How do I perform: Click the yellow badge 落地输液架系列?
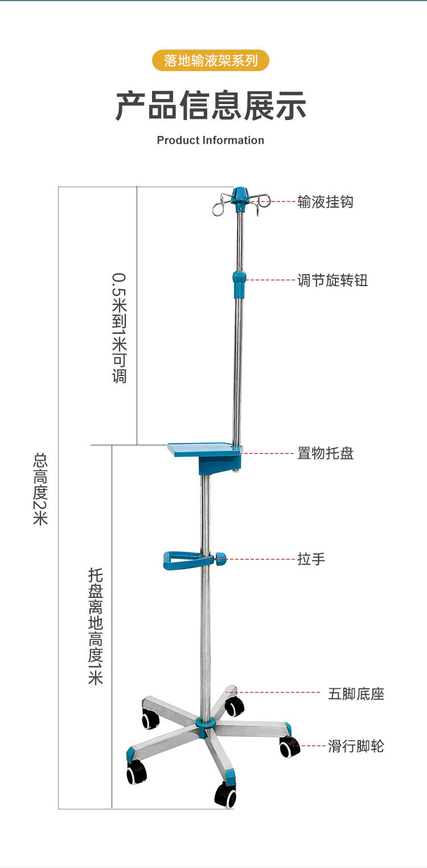(x=211, y=60)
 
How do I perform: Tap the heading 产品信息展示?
(x=211, y=106)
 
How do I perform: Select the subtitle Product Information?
(x=211, y=140)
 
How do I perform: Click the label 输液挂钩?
(x=325, y=202)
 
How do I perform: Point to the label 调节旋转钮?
(x=332, y=280)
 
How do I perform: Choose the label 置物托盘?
(x=325, y=453)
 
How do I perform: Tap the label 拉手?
(x=311, y=559)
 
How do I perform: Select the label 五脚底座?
(x=356, y=694)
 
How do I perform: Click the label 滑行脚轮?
(x=356, y=746)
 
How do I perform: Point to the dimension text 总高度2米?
(x=40, y=489)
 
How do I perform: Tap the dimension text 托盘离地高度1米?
(x=95, y=626)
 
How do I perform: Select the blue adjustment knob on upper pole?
(x=240, y=283)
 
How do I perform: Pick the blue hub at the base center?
(x=205, y=724)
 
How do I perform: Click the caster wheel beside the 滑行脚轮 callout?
(x=289, y=747)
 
